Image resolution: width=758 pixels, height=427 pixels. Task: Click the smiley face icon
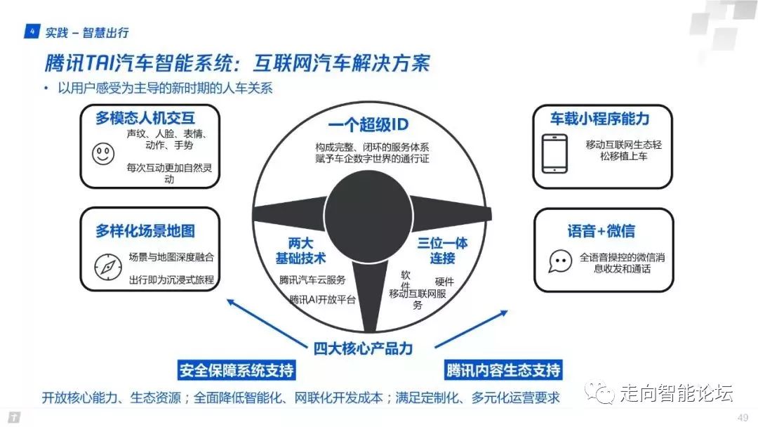point(103,153)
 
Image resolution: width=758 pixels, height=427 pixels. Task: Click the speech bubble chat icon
point(559,262)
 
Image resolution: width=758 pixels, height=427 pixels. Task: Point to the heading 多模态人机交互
point(145,119)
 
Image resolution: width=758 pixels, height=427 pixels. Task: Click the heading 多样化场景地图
point(145,230)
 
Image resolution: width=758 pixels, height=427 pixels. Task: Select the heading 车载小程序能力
point(600,118)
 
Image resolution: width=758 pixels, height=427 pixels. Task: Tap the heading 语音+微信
point(601,231)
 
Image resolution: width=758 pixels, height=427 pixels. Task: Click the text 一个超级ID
point(368,126)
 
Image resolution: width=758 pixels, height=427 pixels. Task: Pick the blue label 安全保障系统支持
point(237,370)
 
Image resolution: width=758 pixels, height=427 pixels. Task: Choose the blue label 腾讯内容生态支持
point(503,370)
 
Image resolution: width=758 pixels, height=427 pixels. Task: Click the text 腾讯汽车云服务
point(312,280)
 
